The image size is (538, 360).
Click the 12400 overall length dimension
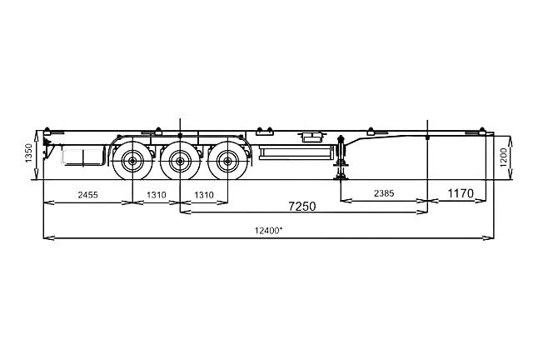(x=269, y=231)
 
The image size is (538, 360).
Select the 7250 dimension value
(x=302, y=207)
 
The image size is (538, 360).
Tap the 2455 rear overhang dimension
(x=87, y=195)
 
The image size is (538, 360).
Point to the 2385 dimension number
(x=384, y=193)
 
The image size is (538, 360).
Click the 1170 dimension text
(x=461, y=193)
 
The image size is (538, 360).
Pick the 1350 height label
(x=29, y=153)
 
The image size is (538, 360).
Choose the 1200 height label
(x=503, y=157)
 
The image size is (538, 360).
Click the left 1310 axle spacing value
(x=157, y=195)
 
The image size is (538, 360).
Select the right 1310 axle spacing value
(x=204, y=195)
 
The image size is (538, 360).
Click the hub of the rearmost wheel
(x=132, y=161)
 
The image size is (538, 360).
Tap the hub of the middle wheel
(x=180, y=161)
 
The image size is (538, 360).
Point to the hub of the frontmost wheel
(x=227, y=161)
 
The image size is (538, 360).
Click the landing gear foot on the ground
(x=341, y=177)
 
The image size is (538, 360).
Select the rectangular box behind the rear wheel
(x=82, y=156)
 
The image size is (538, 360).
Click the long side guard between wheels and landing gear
(x=296, y=152)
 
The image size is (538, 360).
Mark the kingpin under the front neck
(x=427, y=138)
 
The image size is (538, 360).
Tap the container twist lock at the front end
(x=482, y=131)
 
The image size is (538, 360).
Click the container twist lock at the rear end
(x=47, y=131)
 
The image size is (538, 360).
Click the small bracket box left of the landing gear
(x=311, y=137)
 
